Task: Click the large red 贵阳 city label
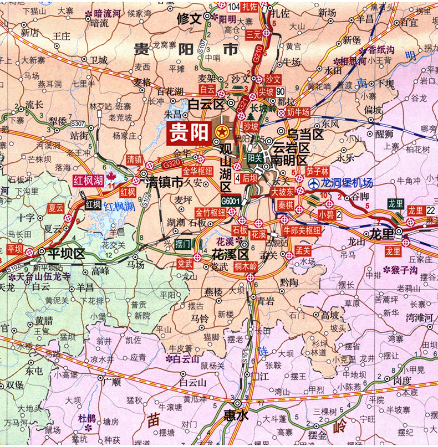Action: [x=189, y=133]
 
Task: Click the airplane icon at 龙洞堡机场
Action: [x=314, y=183]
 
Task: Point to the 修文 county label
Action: [x=188, y=18]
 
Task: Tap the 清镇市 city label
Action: [x=164, y=183]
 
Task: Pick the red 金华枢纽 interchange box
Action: [x=198, y=171]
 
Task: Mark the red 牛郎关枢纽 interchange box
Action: [x=302, y=229]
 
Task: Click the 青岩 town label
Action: [x=266, y=301]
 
